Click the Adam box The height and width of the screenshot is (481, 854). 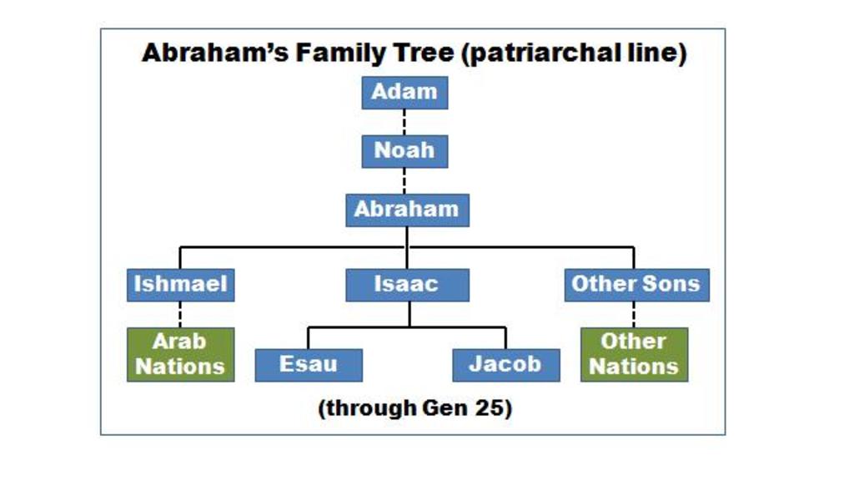tap(404, 93)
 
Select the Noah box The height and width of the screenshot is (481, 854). tap(404, 152)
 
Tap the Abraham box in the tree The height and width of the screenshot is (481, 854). tap(407, 210)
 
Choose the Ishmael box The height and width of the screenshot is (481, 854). tap(181, 285)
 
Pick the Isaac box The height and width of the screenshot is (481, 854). tap(407, 285)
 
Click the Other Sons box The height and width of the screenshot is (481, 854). tap(636, 285)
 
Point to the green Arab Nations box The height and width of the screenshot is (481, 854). tap(181, 354)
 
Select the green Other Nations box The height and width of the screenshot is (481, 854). tap(634, 354)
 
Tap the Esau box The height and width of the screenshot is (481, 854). tap(309, 366)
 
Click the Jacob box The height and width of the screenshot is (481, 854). tap(506, 366)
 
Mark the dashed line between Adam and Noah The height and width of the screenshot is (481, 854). tap(404, 122)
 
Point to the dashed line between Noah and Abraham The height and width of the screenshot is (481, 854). tap(404, 180)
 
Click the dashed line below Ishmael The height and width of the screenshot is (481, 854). tap(180, 314)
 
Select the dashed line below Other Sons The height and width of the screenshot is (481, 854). tap(634, 314)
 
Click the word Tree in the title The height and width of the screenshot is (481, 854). tap(424, 53)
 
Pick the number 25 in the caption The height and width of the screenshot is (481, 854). tap(493, 408)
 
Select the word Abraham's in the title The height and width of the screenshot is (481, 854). tap(215, 53)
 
